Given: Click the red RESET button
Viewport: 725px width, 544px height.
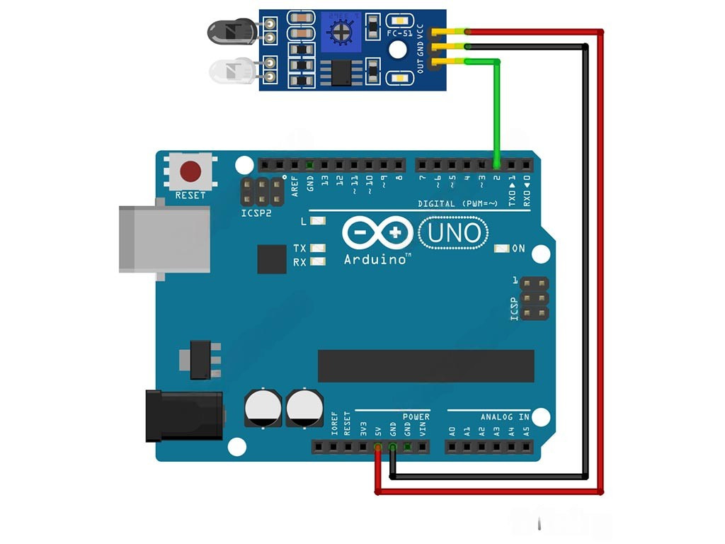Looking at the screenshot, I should (x=190, y=171).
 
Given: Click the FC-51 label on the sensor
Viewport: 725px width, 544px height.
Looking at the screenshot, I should (x=400, y=33).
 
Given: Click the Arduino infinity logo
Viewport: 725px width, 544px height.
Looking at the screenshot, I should (x=378, y=233).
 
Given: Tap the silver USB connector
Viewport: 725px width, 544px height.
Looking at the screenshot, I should (x=165, y=239).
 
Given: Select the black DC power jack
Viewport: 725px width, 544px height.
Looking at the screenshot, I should (x=184, y=416).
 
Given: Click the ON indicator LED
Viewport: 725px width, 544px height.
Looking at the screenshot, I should (x=502, y=249).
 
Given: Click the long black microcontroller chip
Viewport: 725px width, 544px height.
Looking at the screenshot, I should (x=426, y=365).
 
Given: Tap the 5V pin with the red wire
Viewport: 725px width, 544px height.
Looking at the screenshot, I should (x=378, y=447).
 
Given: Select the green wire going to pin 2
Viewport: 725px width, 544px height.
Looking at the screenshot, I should (x=497, y=106).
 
